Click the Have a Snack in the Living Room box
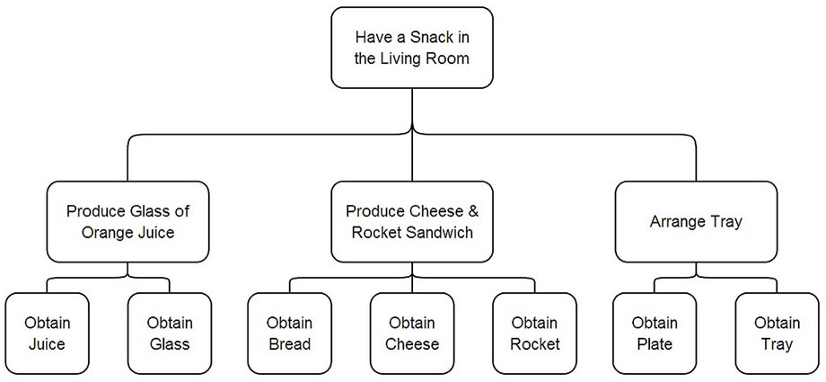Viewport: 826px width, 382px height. point(412,48)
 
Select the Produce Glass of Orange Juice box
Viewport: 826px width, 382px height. point(127,222)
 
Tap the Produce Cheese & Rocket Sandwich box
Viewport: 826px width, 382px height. point(412,222)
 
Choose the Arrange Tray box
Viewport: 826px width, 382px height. point(696,222)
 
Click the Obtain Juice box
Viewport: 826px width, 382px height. point(47,333)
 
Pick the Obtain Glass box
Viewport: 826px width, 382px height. point(170,333)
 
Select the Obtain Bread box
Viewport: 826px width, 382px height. point(290,333)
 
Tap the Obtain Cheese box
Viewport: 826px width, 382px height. point(412,333)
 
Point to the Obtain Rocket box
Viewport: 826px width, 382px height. point(535,333)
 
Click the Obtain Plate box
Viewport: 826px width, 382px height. point(655,333)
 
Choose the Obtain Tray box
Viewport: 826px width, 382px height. point(777,333)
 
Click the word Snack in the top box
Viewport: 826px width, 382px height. point(433,38)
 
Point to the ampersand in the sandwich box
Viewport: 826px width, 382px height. point(472,211)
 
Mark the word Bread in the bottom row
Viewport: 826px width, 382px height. point(290,344)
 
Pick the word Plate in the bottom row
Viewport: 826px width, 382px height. point(655,344)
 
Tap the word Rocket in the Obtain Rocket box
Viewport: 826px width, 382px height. point(535,344)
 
